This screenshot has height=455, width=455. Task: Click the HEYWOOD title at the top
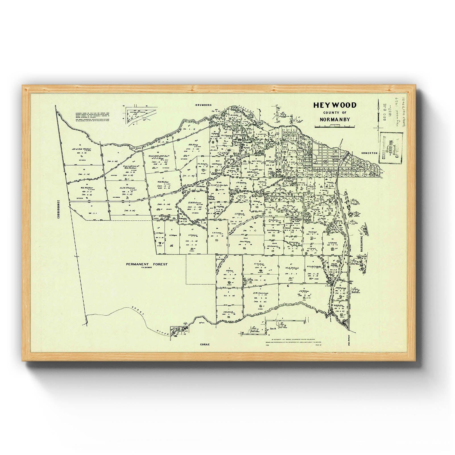tap(335, 105)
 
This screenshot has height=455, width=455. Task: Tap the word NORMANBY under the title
tap(335, 120)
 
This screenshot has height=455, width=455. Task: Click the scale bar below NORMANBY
tap(335, 127)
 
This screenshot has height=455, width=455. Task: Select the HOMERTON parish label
tap(369, 153)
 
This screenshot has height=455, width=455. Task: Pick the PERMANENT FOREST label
tap(147, 264)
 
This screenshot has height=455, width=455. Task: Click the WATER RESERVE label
tap(136, 148)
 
